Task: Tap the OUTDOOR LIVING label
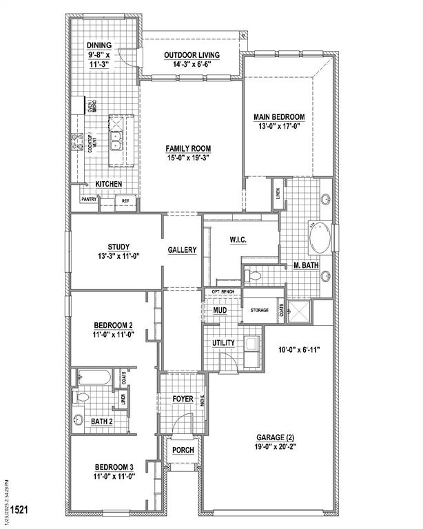pyautogui.click(x=192, y=55)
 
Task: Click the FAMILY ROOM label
pyautogui.click(x=187, y=148)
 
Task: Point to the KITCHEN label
pyautogui.click(x=109, y=184)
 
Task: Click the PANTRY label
pyautogui.click(x=89, y=200)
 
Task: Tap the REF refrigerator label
pyautogui.click(x=125, y=201)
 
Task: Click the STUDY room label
pyautogui.click(x=118, y=247)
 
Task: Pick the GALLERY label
pyautogui.click(x=183, y=250)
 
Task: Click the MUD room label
pyautogui.click(x=220, y=311)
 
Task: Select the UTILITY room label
pyautogui.click(x=224, y=342)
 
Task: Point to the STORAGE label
pyautogui.click(x=259, y=311)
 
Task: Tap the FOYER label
pyautogui.click(x=183, y=399)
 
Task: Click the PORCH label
pyautogui.click(x=183, y=450)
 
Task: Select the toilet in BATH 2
pyautogui.click(x=82, y=397)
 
